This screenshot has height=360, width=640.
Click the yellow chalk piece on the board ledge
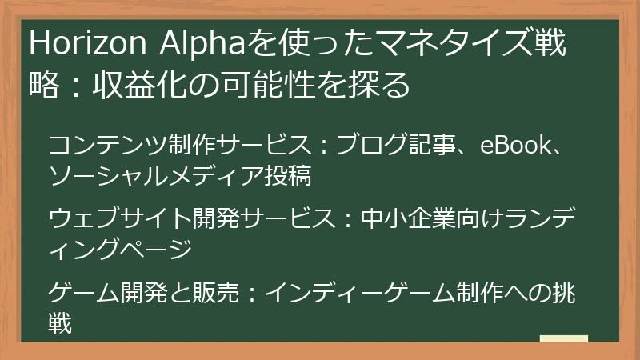point(564,338)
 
